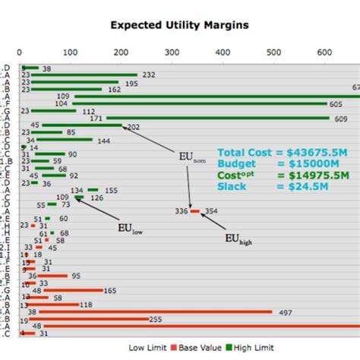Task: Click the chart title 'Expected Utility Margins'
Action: [x=179, y=24]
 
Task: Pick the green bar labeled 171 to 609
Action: [x=217, y=118]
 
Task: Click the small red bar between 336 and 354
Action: [x=195, y=211]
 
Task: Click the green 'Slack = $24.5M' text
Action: [x=257, y=186]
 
